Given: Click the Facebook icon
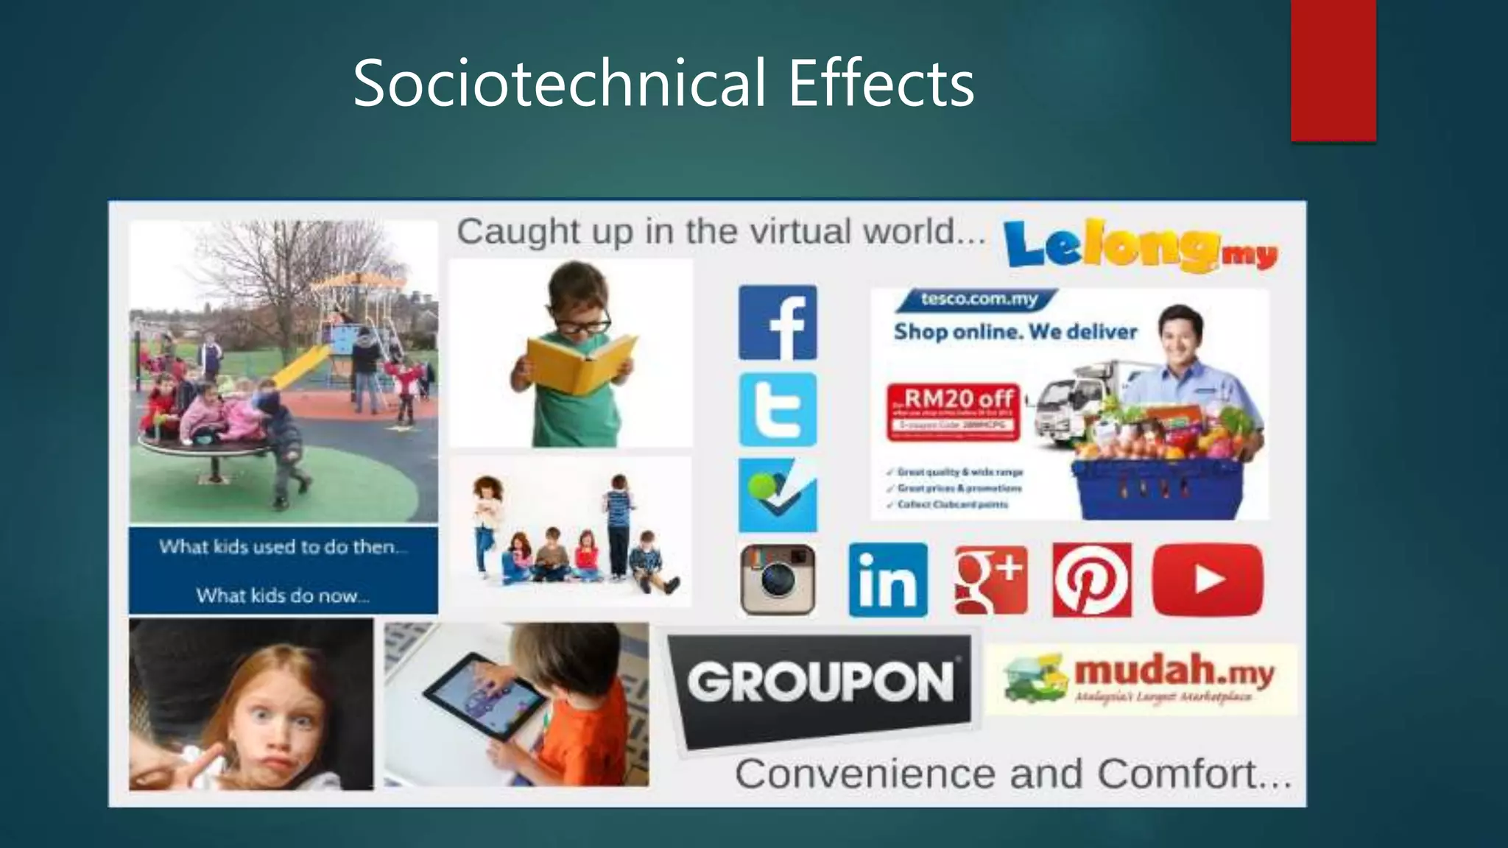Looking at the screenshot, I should click(x=778, y=322).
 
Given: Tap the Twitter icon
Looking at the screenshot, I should click(x=778, y=409).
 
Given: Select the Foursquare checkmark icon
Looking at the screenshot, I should click(x=778, y=495).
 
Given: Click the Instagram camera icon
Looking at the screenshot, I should click(x=778, y=580).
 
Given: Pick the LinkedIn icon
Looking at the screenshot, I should click(x=888, y=580).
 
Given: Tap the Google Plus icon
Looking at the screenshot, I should click(x=990, y=580).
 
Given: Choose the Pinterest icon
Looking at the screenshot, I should click(x=1092, y=580).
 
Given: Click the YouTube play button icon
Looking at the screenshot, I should click(x=1208, y=580).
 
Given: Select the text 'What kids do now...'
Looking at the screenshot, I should click(x=283, y=595).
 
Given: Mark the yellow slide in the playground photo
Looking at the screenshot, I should click(x=300, y=366).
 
